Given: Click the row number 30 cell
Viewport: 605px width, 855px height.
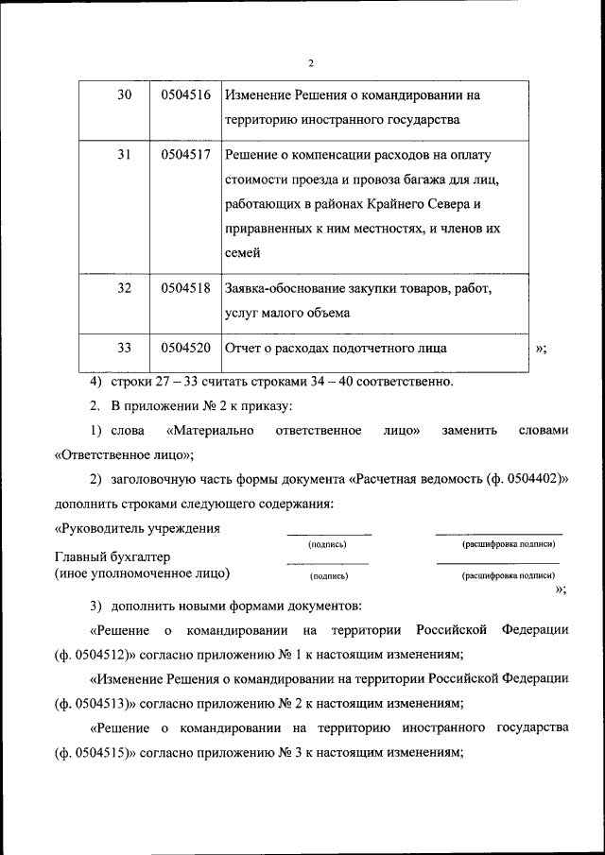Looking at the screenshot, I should (123, 95).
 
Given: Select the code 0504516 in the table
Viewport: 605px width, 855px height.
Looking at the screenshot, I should (185, 95).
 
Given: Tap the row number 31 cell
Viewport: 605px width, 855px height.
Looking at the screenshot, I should (123, 154).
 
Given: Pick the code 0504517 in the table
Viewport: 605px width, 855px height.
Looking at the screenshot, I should (185, 154).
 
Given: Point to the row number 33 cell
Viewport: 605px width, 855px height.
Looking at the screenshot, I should (123, 348).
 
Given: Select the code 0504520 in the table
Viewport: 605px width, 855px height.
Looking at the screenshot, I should (185, 348).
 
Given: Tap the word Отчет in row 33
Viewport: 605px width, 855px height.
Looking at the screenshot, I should (243, 348).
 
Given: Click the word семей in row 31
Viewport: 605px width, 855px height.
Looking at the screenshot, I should (242, 252).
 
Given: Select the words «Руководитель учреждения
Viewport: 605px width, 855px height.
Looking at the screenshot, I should (138, 528).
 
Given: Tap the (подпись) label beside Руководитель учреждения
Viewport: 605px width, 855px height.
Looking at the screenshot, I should (328, 545).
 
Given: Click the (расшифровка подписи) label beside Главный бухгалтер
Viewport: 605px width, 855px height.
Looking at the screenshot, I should (508, 575).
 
